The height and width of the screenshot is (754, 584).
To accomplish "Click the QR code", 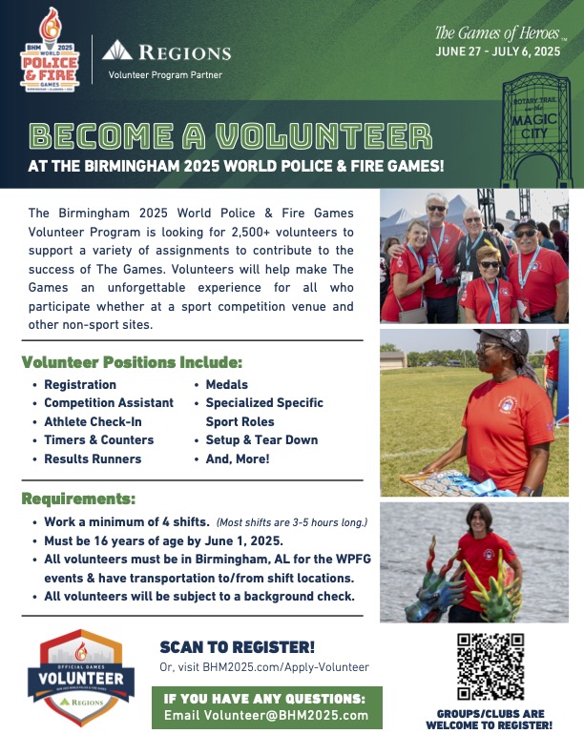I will point(490,666).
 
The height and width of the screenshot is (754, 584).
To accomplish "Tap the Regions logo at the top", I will point(167,51).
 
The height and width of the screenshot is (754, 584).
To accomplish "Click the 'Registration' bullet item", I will point(80,385).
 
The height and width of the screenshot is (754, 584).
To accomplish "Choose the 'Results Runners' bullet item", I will point(93,459).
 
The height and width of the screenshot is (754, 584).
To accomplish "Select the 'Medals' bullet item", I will point(227,385).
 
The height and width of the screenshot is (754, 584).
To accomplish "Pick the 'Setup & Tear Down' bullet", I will point(261,440).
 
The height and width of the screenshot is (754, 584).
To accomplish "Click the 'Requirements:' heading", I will point(79,499).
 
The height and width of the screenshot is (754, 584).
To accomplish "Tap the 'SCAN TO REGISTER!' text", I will point(238,647).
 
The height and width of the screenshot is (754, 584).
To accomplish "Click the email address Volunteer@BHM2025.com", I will point(266,716).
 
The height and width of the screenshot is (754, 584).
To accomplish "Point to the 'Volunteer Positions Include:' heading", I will point(132,363).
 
